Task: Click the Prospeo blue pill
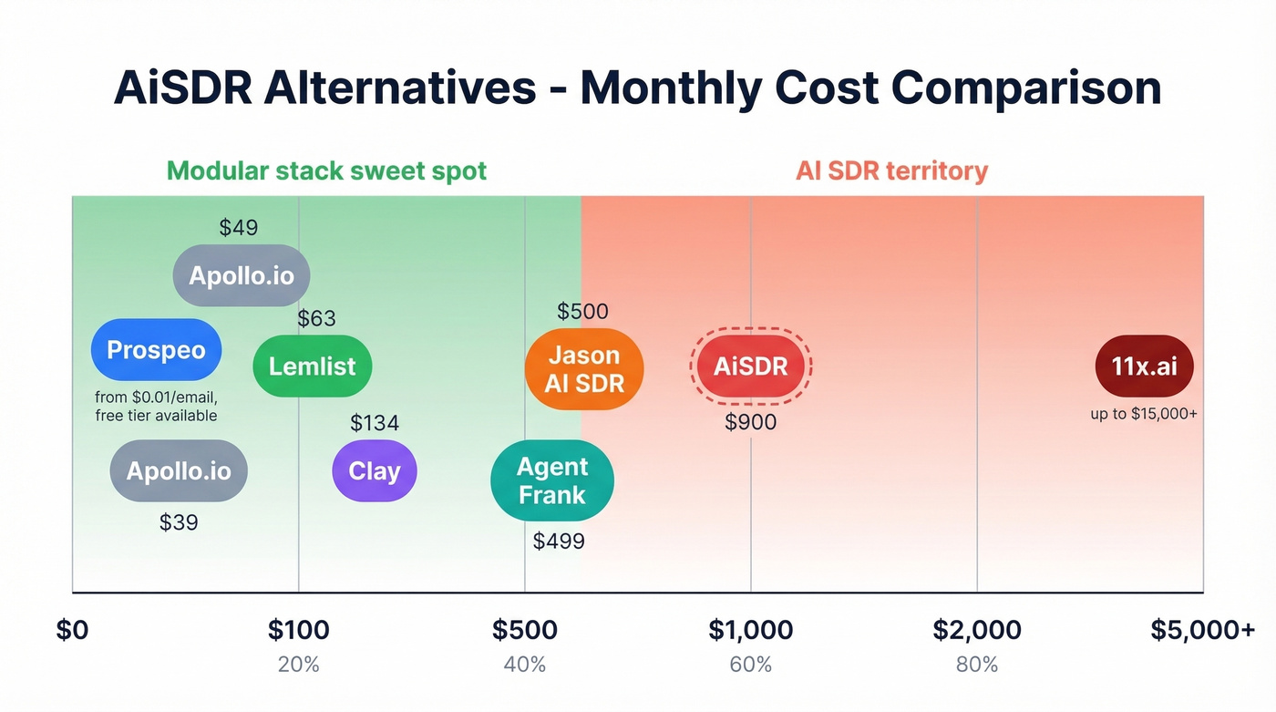click(156, 350)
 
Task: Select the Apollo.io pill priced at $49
click(242, 275)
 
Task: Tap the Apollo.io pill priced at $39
click(179, 471)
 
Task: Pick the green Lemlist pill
click(312, 366)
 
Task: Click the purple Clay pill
click(374, 471)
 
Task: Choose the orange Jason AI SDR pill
click(584, 368)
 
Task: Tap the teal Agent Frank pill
click(552, 480)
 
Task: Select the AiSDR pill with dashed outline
click(750, 366)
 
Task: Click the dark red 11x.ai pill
click(1144, 366)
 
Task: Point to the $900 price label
click(750, 422)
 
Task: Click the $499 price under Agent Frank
click(559, 541)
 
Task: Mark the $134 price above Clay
click(375, 423)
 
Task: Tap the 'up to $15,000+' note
click(1144, 414)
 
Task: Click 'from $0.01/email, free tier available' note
click(156, 407)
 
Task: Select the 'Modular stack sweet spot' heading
click(326, 170)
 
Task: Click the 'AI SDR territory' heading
click(891, 170)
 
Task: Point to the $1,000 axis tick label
click(750, 629)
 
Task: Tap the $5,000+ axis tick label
click(1202, 629)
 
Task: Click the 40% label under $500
click(524, 665)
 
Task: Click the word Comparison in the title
click(1025, 88)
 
